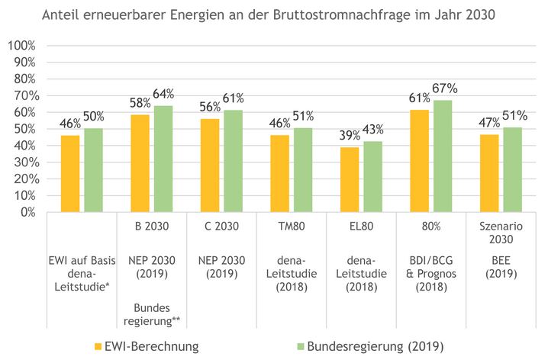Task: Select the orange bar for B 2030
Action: (x=140, y=163)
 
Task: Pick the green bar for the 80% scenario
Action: (x=443, y=156)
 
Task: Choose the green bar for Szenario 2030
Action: (x=513, y=169)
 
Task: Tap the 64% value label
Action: (x=163, y=95)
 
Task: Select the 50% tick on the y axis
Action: (x=24, y=128)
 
